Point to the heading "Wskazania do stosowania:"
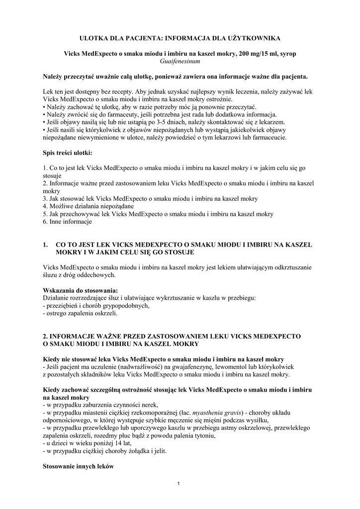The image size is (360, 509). coord(81,290)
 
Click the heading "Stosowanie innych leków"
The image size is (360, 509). coord(79,467)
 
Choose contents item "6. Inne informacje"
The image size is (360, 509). coord(68,222)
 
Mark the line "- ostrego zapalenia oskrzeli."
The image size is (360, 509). coord(81,314)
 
